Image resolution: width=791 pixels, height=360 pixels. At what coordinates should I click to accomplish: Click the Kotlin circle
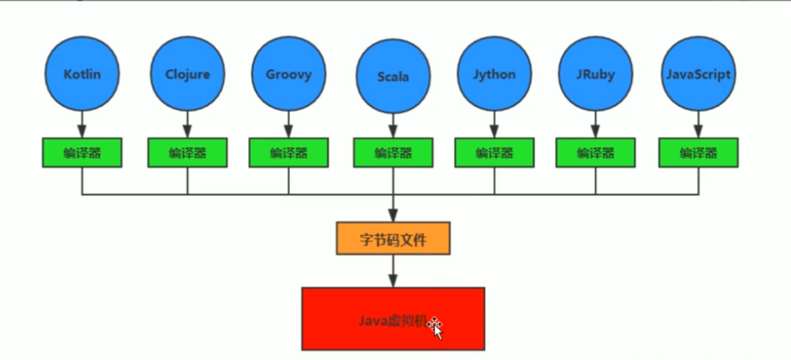(x=82, y=74)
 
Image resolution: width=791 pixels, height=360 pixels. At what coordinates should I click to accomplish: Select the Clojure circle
(x=187, y=74)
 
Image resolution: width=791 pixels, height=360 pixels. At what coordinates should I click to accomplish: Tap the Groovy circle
(x=288, y=74)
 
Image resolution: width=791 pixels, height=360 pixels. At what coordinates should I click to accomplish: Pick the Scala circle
(x=393, y=77)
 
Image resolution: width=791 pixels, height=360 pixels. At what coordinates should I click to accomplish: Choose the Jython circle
(x=495, y=74)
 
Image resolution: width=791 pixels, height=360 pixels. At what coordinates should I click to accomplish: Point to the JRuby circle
(x=596, y=74)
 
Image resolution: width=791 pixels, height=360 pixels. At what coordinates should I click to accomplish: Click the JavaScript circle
(x=698, y=74)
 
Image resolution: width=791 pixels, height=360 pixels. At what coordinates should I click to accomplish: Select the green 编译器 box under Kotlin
(x=82, y=153)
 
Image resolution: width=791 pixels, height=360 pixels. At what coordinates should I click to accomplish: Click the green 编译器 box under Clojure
(x=187, y=153)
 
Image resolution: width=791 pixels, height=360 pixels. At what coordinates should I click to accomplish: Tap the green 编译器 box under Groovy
(x=288, y=153)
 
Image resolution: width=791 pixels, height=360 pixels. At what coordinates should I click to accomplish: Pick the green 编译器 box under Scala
(x=393, y=153)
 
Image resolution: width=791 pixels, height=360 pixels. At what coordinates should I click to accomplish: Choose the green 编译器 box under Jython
(x=495, y=153)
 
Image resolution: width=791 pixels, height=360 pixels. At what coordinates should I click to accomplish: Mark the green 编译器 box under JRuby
(x=596, y=153)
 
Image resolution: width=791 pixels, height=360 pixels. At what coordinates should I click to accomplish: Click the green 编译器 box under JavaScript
(x=698, y=153)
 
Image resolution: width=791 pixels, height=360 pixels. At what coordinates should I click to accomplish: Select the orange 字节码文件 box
(x=393, y=239)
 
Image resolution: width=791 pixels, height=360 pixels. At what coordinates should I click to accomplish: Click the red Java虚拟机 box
(x=393, y=319)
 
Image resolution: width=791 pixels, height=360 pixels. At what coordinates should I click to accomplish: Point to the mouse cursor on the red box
(x=437, y=327)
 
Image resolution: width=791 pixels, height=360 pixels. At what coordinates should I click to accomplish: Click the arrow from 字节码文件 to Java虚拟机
(x=393, y=271)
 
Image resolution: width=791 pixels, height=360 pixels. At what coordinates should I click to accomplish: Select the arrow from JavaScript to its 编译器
(x=698, y=124)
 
